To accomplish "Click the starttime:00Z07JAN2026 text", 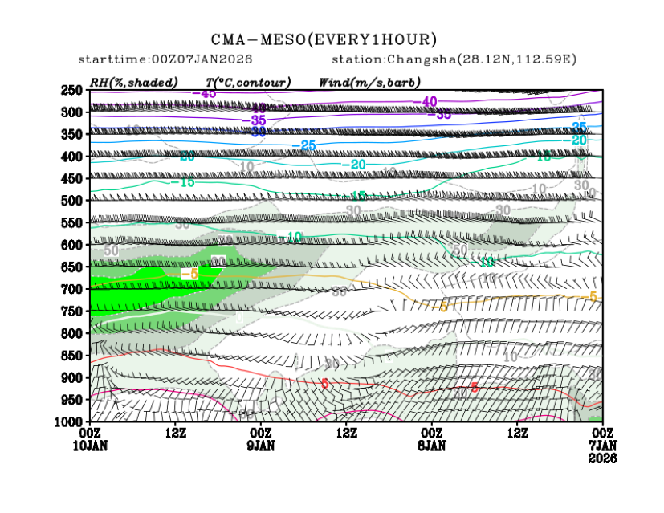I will point(165,60).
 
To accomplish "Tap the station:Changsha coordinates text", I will point(454,60).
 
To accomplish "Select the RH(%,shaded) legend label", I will point(134,82).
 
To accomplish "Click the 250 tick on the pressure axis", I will point(72,90).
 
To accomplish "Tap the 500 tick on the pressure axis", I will point(72,201).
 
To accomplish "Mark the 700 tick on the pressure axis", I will point(72,289).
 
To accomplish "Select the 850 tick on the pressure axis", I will point(72,356).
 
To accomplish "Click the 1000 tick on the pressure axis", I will point(70,421).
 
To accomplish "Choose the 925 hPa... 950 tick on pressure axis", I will point(72,400).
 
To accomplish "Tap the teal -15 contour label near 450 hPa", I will point(184,183).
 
